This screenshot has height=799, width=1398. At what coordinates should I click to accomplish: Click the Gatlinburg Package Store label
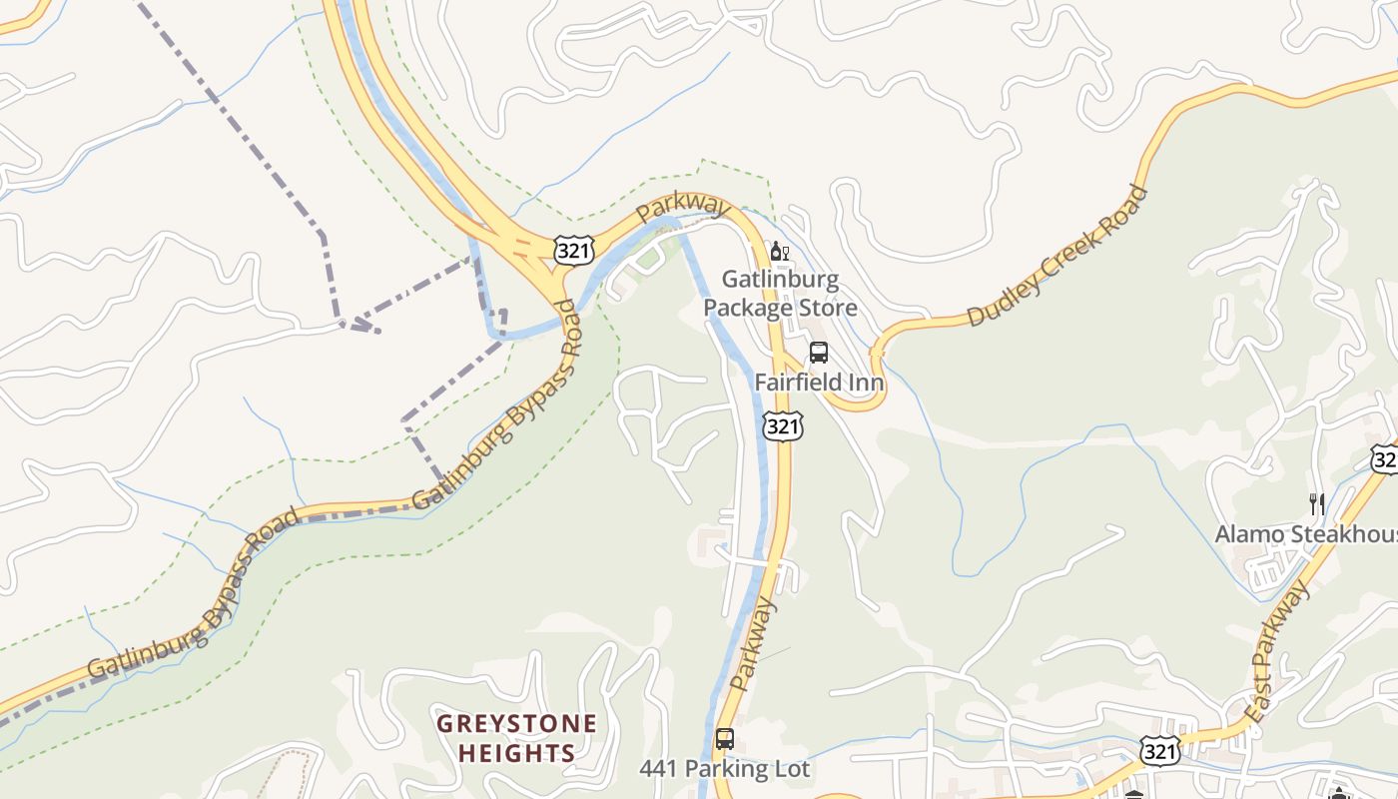point(780,293)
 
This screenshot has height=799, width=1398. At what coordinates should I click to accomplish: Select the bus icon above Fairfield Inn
point(819,353)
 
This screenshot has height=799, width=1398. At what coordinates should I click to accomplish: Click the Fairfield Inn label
point(819,382)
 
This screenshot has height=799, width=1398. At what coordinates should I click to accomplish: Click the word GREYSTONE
point(517,723)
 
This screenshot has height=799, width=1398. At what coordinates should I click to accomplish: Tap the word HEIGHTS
point(517,753)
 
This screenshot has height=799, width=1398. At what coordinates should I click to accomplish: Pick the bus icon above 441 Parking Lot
point(725,740)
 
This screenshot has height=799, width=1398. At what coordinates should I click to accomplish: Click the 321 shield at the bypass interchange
point(574,250)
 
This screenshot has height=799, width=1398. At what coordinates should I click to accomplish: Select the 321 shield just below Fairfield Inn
point(783,426)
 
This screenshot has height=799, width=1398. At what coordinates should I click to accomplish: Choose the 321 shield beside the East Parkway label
point(1161,750)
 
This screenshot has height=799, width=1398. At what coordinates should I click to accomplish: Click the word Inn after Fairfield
point(865,382)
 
